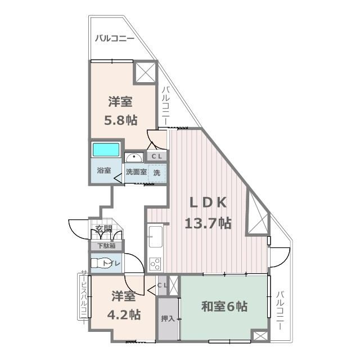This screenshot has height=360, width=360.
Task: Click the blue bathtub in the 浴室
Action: click(106, 150)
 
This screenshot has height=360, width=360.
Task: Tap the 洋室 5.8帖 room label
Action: click(121, 111)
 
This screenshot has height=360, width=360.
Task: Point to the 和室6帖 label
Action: click(224, 307)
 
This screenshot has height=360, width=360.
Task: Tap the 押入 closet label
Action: click(168, 319)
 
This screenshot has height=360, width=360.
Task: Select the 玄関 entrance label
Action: click(103, 229)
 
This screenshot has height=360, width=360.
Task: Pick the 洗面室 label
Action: click(136, 173)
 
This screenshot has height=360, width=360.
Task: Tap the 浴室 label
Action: click(103, 170)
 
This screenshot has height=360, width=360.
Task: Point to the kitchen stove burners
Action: click(155, 264)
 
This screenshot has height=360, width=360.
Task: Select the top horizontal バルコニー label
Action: click(114, 39)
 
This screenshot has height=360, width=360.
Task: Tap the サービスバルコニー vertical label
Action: click(84, 300)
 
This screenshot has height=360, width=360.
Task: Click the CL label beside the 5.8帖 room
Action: click(157, 156)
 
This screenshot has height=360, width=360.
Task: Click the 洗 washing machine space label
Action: click(157, 173)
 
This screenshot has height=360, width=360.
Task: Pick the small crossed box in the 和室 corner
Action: click(259, 336)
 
